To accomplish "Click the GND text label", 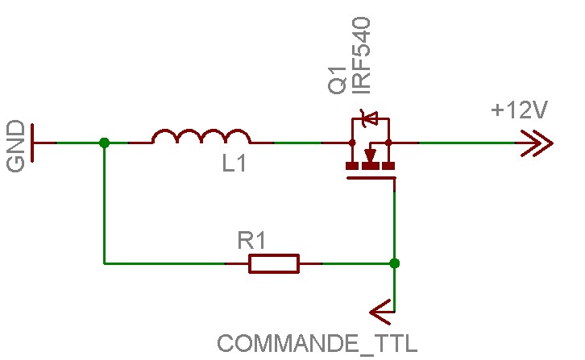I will click(x=15, y=147).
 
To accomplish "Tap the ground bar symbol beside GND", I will click(x=33, y=143).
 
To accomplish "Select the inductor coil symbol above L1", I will click(x=201, y=137).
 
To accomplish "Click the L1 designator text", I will click(x=234, y=164).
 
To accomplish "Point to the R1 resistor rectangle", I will click(x=274, y=263).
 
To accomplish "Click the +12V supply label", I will click(x=519, y=111).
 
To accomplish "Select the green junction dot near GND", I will click(x=104, y=143).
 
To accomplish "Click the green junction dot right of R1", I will click(x=394, y=263).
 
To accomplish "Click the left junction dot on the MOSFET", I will click(x=352, y=143).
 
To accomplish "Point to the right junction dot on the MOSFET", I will click(x=388, y=143).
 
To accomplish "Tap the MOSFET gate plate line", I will click(x=371, y=180).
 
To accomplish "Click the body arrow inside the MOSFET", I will click(x=371, y=153).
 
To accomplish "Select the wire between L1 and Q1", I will click(x=298, y=143).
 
